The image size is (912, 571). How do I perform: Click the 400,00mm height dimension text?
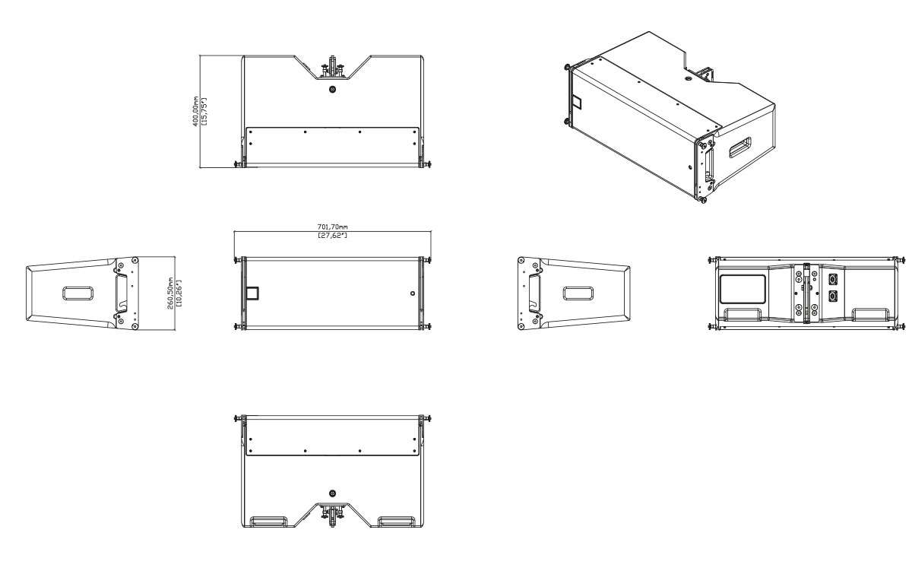(195, 111)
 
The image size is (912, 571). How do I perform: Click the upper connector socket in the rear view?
(832, 279)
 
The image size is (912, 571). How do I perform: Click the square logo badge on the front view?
(252, 293)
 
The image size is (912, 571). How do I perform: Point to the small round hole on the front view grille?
(412, 293)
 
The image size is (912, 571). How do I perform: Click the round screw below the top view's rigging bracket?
(332, 90)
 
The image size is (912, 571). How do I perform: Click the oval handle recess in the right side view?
(578, 293)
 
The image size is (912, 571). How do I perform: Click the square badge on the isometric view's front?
(575, 100)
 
